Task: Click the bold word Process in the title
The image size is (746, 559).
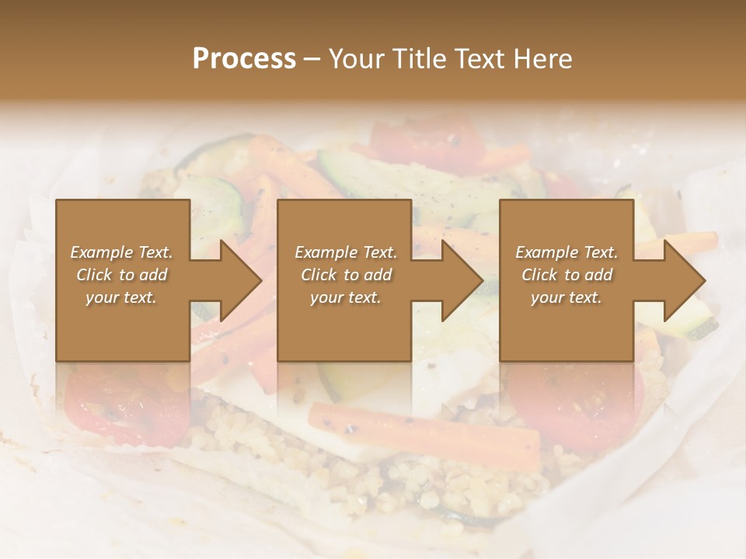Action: (244, 59)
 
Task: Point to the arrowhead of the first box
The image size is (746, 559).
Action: (238, 280)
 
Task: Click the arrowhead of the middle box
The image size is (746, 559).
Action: (460, 280)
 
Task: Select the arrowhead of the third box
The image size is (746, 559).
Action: (682, 280)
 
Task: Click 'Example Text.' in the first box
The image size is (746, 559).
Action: (122, 252)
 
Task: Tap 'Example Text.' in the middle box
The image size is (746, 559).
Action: (346, 252)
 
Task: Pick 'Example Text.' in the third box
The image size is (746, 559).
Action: (566, 252)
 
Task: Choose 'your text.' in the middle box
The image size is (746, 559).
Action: (346, 297)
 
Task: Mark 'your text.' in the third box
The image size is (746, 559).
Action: (566, 297)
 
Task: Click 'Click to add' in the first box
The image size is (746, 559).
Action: (122, 275)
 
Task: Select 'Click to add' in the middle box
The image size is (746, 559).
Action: (346, 275)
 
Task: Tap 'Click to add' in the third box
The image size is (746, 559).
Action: (566, 275)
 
